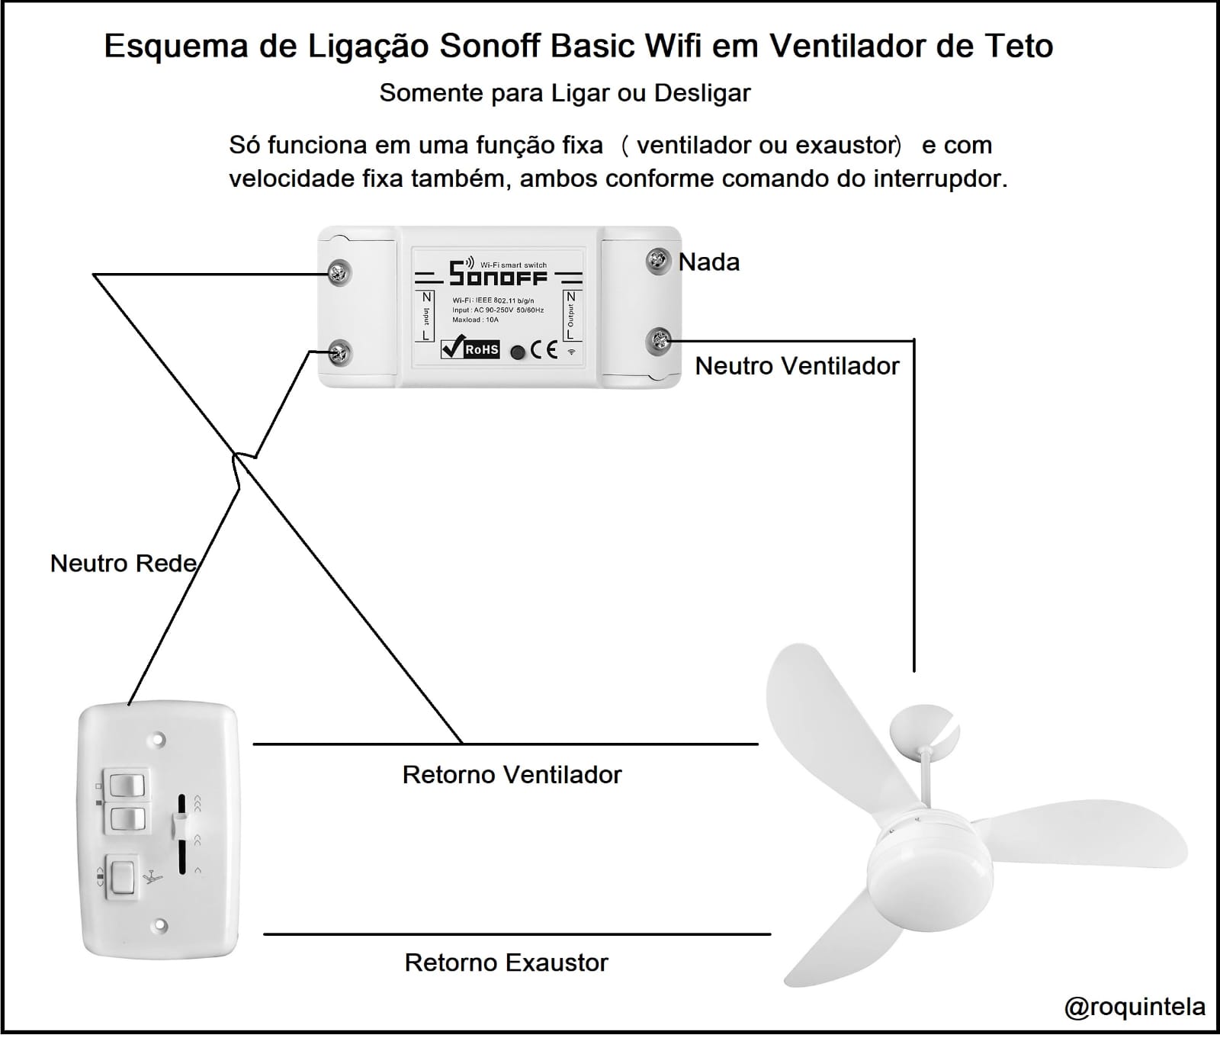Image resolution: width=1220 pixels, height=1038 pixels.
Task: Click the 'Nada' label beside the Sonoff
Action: tap(708, 262)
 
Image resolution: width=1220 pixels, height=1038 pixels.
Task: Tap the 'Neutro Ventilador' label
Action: tap(797, 366)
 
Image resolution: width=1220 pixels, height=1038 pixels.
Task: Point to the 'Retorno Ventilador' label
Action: tap(512, 775)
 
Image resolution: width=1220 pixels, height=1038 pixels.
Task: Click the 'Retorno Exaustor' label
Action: tap(506, 962)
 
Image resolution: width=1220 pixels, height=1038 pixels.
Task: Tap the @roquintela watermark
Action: tap(1135, 1007)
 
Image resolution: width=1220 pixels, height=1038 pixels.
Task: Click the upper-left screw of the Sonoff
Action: tap(339, 272)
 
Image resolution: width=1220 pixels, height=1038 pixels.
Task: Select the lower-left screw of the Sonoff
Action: tap(339, 352)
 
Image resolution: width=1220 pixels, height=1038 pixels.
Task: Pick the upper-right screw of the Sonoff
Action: tap(657, 261)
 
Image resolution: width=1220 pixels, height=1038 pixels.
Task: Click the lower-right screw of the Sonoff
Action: tap(658, 341)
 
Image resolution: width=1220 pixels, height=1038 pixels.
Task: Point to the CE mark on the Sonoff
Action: tap(544, 350)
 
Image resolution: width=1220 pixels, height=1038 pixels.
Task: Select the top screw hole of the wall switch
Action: tap(159, 739)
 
